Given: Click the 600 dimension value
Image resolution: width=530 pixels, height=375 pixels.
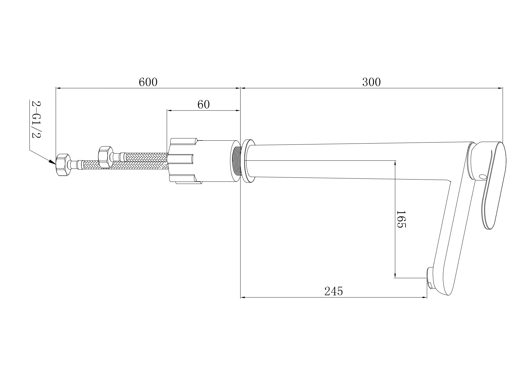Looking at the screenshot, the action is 148,82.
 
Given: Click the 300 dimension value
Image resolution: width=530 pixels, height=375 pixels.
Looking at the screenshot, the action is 371,82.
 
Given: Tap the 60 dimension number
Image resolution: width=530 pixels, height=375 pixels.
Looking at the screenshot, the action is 203,105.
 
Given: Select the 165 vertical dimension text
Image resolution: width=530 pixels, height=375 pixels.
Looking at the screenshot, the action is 400,219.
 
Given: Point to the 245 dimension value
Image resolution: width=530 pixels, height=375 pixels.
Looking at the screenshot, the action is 334,291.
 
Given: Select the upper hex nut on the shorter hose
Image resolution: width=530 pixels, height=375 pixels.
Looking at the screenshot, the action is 105,157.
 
